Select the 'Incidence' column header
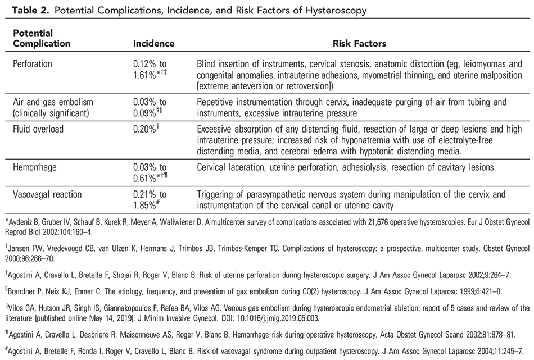tap(153, 43)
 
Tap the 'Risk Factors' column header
tap(359, 43)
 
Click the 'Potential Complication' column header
tap(42, 39)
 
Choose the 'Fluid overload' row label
tap(38, 129)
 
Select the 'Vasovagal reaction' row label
tap(47, 194)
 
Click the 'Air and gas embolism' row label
tap(53, 102)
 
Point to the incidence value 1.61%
tap(146, 74)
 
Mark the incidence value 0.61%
tap(146, 178)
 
